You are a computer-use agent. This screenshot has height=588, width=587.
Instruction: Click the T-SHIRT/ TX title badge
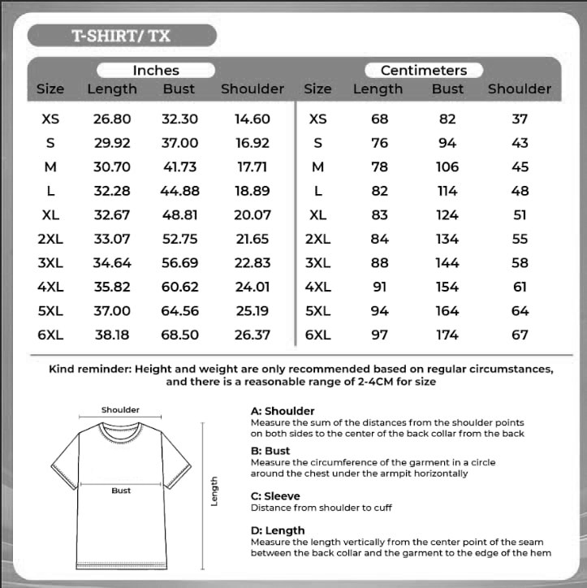(122, 36)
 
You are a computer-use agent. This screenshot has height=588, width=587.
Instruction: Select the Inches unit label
(155, 71)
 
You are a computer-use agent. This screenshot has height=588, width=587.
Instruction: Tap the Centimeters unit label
(423, 71)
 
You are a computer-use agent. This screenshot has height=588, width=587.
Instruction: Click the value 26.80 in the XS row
(112, 119)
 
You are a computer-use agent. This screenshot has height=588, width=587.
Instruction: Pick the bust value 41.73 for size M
(179, 166)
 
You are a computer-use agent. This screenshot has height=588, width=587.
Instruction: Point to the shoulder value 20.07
(252, 215)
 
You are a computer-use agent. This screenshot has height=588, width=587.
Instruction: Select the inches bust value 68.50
(179, 335)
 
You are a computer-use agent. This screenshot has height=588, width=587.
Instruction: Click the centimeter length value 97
(380, 335)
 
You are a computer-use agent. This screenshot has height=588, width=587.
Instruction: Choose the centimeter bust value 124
(447, 215)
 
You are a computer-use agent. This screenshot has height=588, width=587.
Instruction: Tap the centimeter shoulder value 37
(520, 119)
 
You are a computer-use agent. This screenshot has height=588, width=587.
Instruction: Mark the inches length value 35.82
(112, 287)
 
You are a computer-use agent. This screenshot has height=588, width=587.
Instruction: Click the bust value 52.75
(179, 239)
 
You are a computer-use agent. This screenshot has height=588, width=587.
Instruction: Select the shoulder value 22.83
(252, 263)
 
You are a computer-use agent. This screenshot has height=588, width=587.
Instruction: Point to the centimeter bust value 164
(447, 311)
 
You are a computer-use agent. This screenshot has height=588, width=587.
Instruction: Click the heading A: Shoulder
(283, 411)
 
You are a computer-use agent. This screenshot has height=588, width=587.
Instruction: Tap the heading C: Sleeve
(275, 496)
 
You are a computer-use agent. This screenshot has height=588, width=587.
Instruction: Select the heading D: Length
(278, 530)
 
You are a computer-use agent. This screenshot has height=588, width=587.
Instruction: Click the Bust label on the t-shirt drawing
(121, 491)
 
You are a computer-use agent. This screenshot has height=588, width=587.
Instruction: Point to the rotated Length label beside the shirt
(215, 491)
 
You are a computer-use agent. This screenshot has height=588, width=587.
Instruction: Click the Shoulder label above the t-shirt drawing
(120, 410)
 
